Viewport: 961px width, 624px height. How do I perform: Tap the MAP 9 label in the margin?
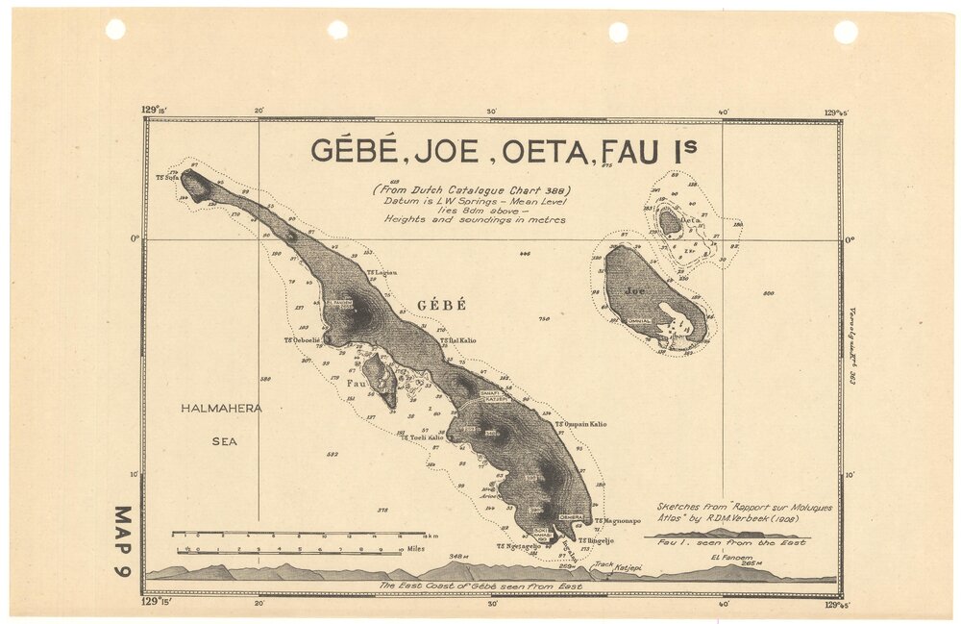click(123, 540)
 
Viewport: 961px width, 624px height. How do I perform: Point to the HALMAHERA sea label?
click(222, 409)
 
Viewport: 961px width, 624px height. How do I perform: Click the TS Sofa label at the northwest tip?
click(167, 177)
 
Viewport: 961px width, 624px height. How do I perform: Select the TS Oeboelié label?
click(302, 339)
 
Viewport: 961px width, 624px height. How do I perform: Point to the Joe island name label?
click(635, 289)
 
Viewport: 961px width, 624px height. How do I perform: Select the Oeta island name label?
click(688, 220)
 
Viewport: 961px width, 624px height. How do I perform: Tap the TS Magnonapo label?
click(615, 520)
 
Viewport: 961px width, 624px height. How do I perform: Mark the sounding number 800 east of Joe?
click(768, 292)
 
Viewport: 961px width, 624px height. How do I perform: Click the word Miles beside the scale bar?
click(415, 550)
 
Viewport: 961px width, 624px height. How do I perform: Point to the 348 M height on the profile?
click(460, 557)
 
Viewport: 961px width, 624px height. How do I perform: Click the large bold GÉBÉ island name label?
click(441, 305)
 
